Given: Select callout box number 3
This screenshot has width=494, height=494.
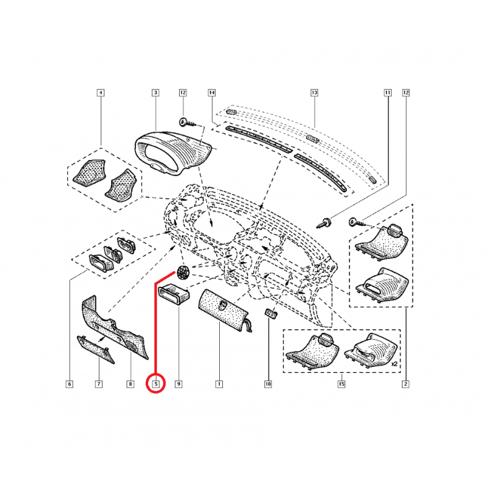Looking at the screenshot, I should point(155,93).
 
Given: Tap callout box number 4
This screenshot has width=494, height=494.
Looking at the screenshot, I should point(101,93).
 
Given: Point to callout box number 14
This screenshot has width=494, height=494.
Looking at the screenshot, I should point(211,93).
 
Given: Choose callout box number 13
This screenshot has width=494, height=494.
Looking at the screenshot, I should point(314,93).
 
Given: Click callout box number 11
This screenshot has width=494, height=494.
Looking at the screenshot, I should point(388,93).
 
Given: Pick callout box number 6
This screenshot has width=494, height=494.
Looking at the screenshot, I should point(69,384).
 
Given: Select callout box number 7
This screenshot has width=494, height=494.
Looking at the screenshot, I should point(99,384).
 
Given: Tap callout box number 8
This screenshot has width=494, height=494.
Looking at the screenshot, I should point(130,384).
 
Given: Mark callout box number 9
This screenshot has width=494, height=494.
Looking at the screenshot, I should point(178,384).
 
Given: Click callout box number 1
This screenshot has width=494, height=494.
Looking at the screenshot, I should point(218,384).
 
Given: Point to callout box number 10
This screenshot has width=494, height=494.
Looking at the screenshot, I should point(268,384).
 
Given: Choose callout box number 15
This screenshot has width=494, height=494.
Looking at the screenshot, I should point(341,384).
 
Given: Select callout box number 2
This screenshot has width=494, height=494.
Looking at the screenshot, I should point(406,384).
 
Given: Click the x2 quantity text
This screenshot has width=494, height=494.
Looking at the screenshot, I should point(393,365).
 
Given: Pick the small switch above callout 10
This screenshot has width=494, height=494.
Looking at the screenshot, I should point(270,314).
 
